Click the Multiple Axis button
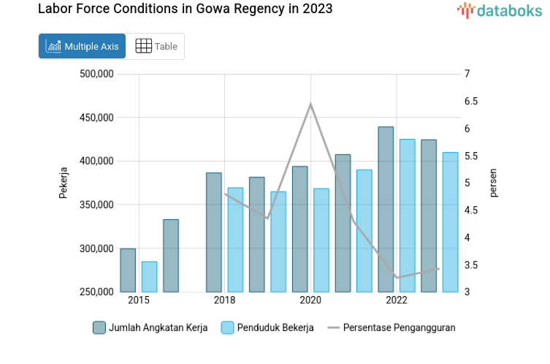tap(82, 46)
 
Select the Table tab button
tap(156, 46)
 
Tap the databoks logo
tap(500, 10)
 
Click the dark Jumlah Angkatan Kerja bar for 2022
tap(386, 210)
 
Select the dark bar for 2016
tap(171, 256)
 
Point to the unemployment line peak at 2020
tap(310, 104)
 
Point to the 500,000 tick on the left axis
tap(95, 74)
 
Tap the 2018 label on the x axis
tap(224, 300)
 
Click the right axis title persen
tap(493, 183)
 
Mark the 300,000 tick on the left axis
tap(95, 249)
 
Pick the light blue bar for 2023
tap(451, 222)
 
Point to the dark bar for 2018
tap(214, 232)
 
